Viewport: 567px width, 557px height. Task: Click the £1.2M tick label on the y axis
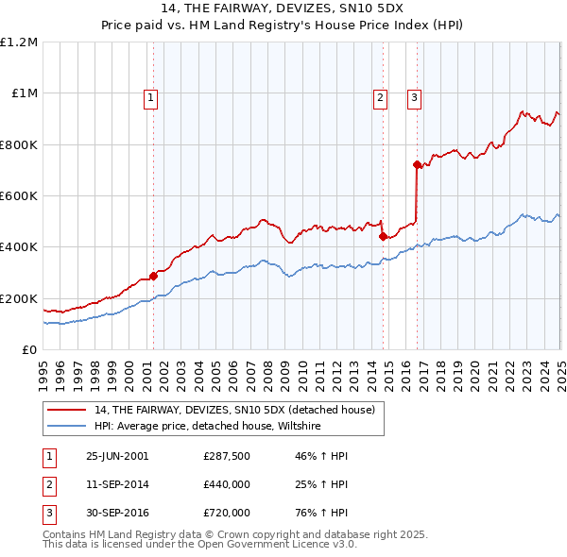(19, 42)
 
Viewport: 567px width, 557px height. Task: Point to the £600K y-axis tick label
(19, 196)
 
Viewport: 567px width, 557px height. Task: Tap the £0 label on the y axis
(29, 350)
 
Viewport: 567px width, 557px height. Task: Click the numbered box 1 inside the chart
(151, 96)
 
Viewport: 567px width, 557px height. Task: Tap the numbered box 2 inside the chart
(380, 96)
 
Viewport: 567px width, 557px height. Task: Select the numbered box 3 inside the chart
(415, 96)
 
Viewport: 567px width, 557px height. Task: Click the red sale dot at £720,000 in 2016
(417, 165)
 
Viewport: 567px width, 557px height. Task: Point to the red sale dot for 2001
(153, 277)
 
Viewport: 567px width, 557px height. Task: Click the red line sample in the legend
(67, 410)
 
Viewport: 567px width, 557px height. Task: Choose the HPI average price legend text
(208, 427)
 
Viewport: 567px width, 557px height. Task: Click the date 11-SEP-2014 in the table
(117, 484)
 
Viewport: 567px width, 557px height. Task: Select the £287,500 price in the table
(227, 456)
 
